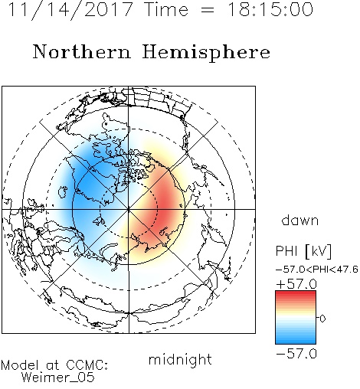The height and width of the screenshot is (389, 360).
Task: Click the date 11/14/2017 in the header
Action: (x=70, y=10)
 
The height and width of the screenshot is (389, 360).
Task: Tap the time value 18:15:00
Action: (x=270, y=9)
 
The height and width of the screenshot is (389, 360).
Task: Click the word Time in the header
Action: (x=166, y=9)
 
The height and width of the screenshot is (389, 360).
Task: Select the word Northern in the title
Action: (x=82, y=51)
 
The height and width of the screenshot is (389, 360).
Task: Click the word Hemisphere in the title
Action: (x=206, y=53)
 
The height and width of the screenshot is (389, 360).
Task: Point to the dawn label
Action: (x=300, y=220)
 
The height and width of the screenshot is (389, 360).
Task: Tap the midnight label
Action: (x=180, y=359)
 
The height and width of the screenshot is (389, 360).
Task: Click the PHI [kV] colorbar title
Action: (x=303, y=251)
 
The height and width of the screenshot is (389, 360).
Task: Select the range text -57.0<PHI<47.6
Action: (x=317, y=270)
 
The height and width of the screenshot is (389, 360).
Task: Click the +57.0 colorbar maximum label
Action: (x=296, y=284)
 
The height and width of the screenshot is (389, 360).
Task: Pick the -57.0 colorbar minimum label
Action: (x=296, y=354)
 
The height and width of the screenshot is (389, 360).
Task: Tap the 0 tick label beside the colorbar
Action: (x=322, y=319)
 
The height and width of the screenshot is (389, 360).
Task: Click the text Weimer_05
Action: (x=58, y=378)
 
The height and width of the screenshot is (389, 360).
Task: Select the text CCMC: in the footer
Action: (x=87, y=365)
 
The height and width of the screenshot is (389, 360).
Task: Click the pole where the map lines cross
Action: (x=129, y=209)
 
